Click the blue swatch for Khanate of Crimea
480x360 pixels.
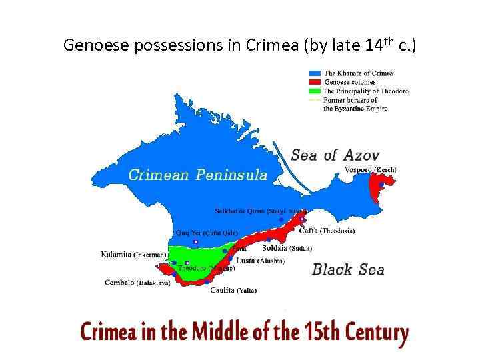coord(315,73)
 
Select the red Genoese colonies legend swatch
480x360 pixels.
coord(315,82)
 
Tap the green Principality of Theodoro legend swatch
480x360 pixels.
coord(315,91)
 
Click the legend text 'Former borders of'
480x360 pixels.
coord(350,100)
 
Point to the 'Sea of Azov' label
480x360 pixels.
coord(335,155)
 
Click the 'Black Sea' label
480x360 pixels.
coord(348,269)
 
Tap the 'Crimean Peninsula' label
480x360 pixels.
coord(197,175)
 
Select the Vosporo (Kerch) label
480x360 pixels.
coord(371,170)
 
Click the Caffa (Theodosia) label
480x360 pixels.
coord(327,231)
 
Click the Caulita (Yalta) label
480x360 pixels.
coord(233,290)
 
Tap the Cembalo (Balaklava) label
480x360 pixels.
coord(137,283)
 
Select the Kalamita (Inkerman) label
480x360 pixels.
coord(133,254)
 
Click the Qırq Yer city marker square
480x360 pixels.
coord(195,242)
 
